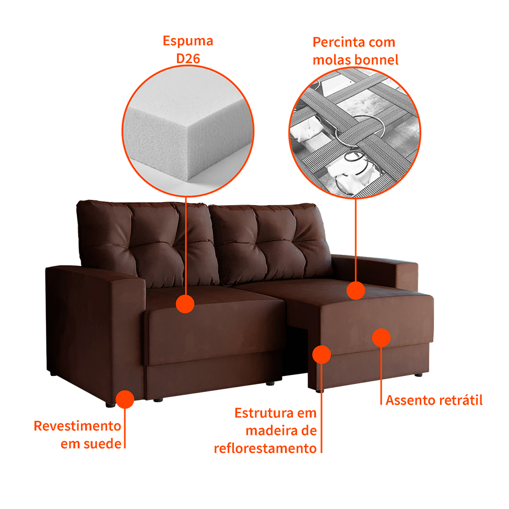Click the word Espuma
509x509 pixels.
click(188, 41)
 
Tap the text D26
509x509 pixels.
click(188, 59)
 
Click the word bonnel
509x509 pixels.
click(376, 60)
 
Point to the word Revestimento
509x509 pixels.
click(78, 426)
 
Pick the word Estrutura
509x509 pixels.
click(263, 413)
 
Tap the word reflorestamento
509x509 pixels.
click(265, 448)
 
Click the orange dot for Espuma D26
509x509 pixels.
click(185, 304)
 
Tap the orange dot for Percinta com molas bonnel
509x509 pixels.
click(356, 290)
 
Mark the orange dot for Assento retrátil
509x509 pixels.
click(381, 338)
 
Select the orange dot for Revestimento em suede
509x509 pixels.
click(125, 399)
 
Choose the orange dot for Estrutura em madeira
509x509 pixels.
click(322, 354)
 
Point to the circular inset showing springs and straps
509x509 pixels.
click(355, 133)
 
